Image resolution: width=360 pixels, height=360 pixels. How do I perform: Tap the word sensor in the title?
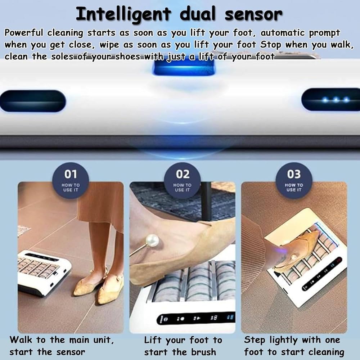coord(253,14)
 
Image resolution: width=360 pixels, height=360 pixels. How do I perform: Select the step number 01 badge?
coord(71,180)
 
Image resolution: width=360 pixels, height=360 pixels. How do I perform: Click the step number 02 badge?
coord(182,180)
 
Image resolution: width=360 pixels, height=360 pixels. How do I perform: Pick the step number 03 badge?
coord(294,180)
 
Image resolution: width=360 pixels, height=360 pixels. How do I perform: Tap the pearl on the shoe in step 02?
coord(152,240)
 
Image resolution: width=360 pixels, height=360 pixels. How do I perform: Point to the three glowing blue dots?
coord(336,100)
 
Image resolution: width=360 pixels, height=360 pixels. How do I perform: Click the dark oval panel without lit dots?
coord(33,101)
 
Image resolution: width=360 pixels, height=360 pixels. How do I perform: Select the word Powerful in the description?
coord(24,33)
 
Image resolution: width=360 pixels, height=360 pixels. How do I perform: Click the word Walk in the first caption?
coord(21,339)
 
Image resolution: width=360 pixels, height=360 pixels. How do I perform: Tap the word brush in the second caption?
coord(203,352)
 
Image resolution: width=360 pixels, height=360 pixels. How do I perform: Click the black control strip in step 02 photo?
coord(195,319)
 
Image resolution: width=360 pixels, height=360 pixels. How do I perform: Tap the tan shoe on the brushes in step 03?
coord(297,249)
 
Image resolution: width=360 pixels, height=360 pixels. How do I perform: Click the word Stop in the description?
coord(270,45)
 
